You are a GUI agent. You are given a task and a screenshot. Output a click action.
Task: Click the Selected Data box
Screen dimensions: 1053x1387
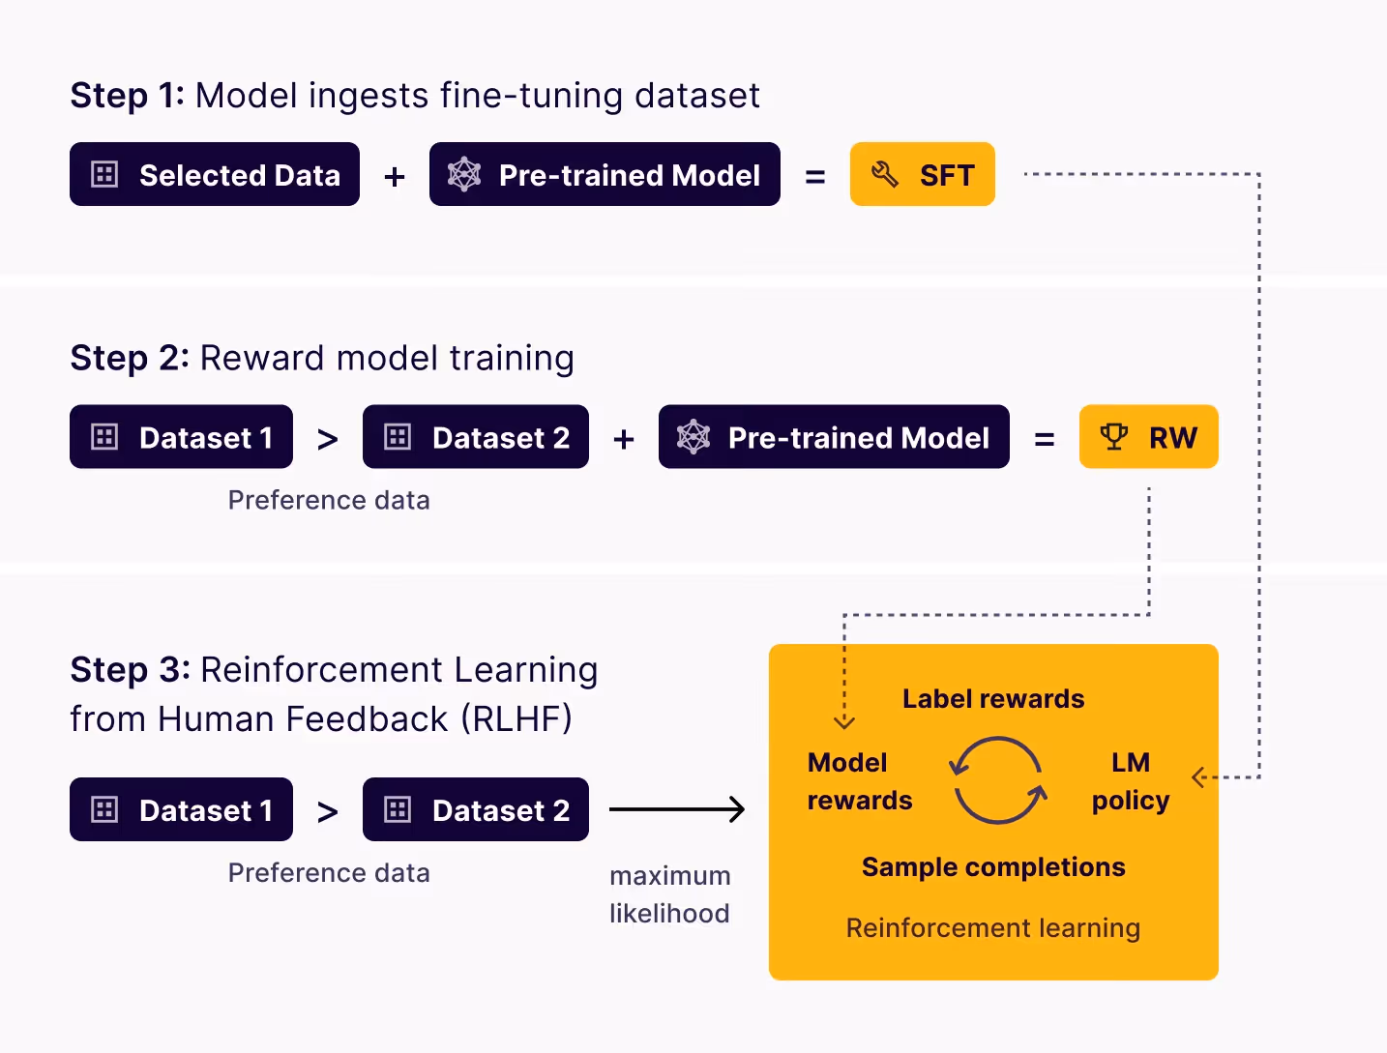coord(214,175)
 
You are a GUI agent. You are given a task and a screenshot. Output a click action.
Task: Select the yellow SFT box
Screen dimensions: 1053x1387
coord(922,175)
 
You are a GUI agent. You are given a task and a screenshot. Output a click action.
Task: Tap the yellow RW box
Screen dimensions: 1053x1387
coord(1148,437)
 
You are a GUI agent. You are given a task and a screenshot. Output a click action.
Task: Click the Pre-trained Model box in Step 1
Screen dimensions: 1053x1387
coord(605,175)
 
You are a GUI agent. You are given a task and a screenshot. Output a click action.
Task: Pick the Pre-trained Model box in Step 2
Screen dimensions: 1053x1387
coord(834,437)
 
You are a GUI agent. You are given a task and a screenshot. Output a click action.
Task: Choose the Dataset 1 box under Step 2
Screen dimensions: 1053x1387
coord(181,437)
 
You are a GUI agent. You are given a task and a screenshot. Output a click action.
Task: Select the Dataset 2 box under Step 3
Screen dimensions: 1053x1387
coord(475,809)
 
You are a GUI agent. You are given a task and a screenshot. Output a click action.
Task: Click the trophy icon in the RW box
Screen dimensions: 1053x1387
coord(1113,437)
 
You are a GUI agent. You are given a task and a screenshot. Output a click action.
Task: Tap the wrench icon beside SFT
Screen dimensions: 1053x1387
coord(885,175)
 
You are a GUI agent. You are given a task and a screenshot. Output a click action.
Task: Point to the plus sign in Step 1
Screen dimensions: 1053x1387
coord(395,177)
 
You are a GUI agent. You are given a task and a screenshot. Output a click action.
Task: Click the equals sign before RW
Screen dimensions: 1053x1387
coord(1045,440)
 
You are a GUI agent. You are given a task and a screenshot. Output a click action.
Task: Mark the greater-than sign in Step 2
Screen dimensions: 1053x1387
coord(328,440)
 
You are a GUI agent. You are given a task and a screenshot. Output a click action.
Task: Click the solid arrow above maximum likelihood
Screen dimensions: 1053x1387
coord(677,809)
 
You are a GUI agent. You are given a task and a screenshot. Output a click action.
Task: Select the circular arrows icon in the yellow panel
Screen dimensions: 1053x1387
coord(997,780)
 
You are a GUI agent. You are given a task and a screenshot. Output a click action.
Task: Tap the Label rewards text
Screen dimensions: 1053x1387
coord(993,699)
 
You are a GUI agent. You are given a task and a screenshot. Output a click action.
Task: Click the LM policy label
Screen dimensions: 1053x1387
coord(1131,781)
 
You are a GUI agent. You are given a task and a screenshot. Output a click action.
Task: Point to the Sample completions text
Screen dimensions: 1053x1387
coord(993,867)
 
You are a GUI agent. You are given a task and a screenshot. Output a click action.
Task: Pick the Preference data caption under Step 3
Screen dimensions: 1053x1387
coord(329,873)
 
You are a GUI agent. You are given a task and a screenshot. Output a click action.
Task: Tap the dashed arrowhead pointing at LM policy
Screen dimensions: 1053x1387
coord(1198,777)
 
